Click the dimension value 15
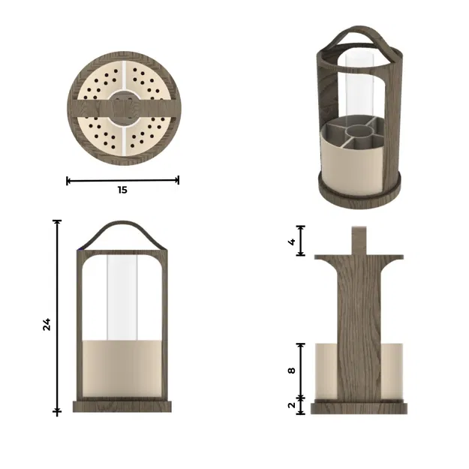(x=122, y=190)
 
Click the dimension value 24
(x=47, y=324)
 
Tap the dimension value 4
(x=290, y=241)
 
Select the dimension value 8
(x=292, y=369)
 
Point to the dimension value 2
(x=292, y=405)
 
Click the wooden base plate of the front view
(x=122, y=406)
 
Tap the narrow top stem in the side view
(x=359, y=240)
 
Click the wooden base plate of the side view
(x=359, y=407)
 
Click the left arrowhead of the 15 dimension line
(x=68, y=180)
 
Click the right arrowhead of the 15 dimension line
(x=177, y=180)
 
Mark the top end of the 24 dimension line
(x=58, y=221)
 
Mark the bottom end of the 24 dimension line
(x=58, y=411)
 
